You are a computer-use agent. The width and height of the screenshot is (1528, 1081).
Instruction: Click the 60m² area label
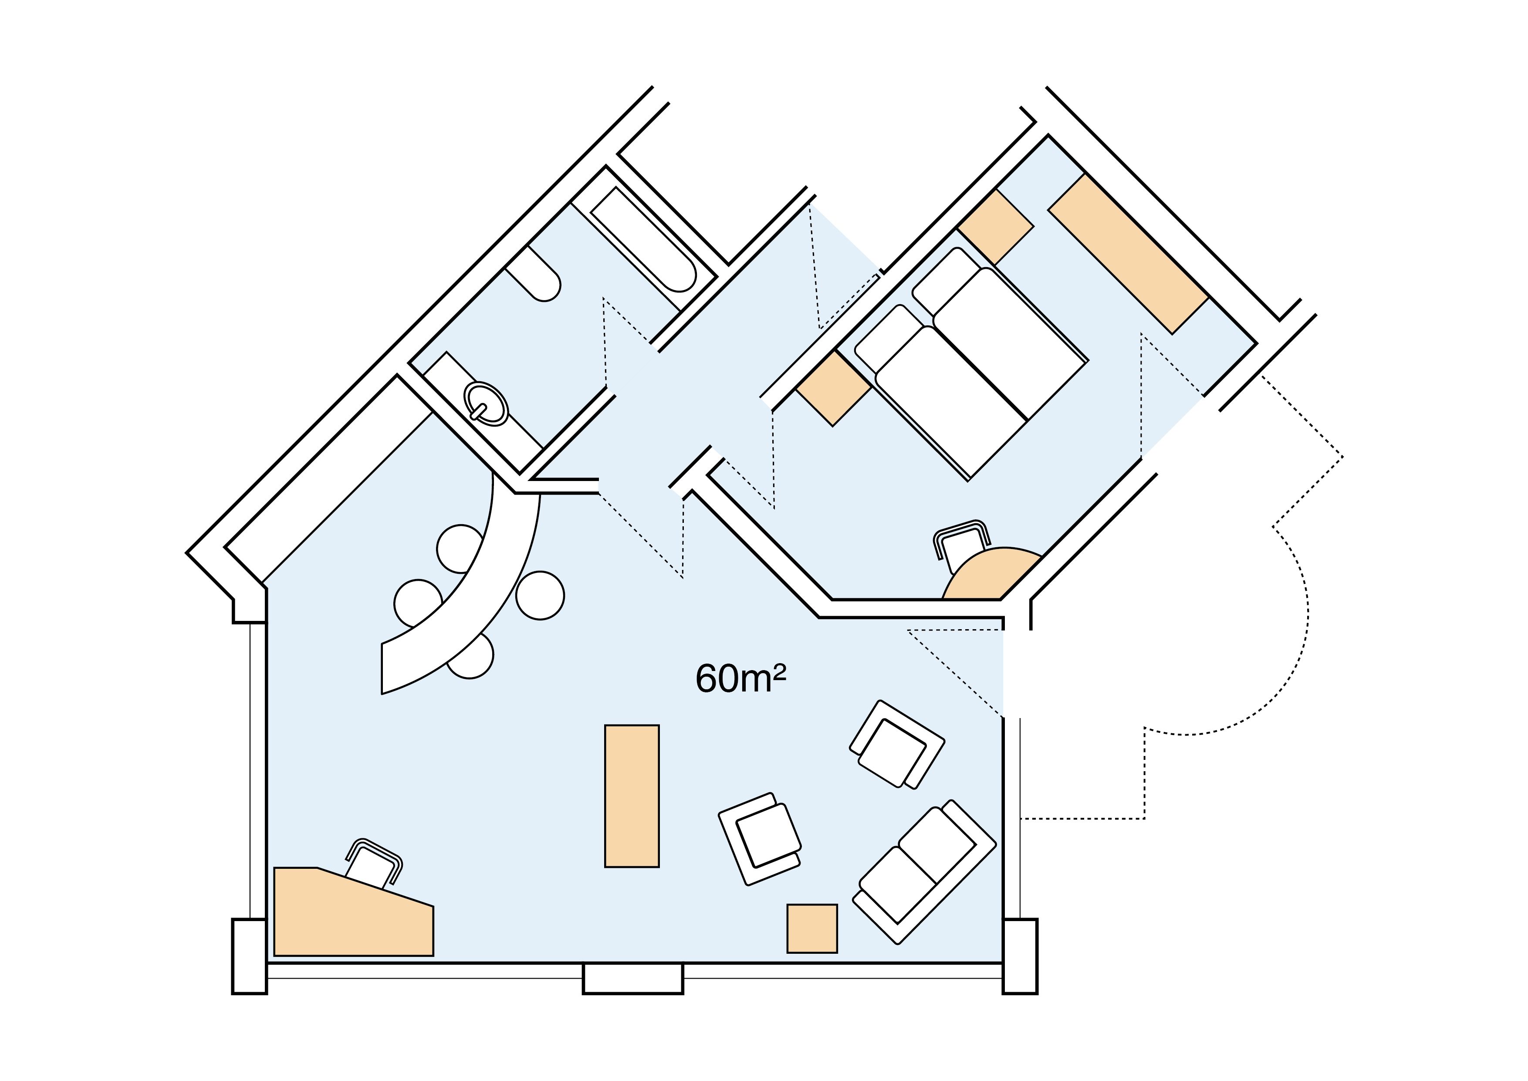tap(740, 679)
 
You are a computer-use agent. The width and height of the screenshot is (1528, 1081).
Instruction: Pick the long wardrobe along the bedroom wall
tap(1128, 253)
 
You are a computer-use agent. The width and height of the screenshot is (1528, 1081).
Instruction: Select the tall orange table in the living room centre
tap(632, 796)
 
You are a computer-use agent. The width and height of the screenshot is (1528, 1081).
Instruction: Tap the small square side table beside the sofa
tap(812, 928)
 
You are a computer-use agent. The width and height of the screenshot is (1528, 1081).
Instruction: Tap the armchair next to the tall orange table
tap(760, 839)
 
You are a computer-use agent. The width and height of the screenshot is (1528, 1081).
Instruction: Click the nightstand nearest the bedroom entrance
tap(833, 388)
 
